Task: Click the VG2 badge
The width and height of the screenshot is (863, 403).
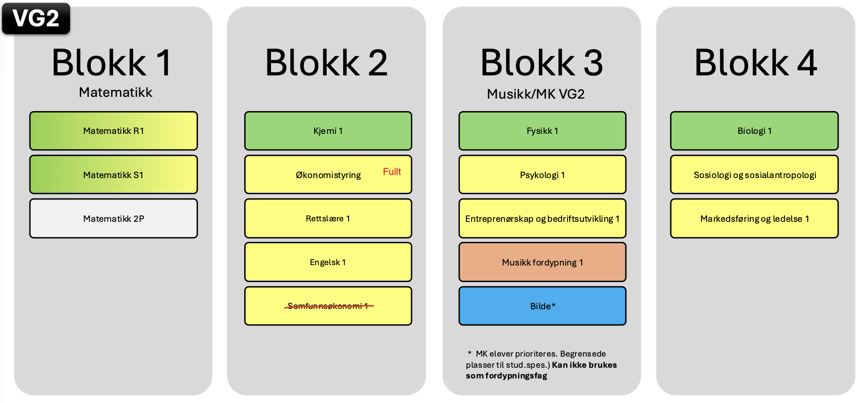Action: pos(36,18)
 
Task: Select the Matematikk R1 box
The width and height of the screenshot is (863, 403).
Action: pos(113,131)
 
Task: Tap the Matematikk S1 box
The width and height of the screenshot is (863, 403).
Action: pos(113,174)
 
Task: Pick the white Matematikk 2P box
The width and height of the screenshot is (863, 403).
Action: pos(113,218)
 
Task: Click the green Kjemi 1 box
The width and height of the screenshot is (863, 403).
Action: pos(328,131)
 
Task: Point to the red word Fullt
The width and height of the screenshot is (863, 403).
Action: pos(392,171)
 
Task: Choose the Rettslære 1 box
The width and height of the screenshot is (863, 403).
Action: pos(328,218)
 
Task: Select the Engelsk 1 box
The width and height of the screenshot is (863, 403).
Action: pos(328,262)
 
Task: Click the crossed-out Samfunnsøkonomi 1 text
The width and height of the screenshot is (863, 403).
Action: pos(329,306)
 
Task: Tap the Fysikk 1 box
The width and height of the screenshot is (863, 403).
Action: pos(542,131)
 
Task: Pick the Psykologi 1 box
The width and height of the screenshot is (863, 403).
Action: pos(542,174)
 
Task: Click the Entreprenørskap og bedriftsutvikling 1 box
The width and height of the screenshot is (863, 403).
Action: pos(542,218)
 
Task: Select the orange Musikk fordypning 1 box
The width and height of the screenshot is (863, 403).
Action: pos(542,262)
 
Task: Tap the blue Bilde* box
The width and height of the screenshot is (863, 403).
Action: pos(542,306)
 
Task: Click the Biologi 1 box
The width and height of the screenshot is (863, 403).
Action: pos(754,131)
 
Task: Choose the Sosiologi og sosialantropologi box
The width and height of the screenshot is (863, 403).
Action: pos(754,174)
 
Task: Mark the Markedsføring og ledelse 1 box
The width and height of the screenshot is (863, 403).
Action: pos(754,218)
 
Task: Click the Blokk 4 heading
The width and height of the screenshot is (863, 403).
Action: pos(755,63)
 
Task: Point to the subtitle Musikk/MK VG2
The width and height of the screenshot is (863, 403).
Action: pos(535,94)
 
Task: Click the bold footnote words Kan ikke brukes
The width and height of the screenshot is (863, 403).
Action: pos(584,365)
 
